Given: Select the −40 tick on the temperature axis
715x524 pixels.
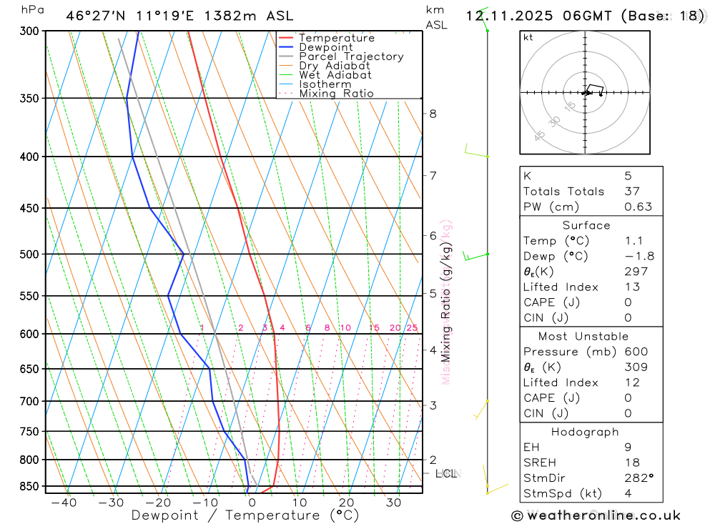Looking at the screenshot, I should (x=64, y=503).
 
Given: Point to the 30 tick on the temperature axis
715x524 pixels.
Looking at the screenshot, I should (x=393, y=503).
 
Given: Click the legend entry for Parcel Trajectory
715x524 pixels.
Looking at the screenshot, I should (x=351, y=56).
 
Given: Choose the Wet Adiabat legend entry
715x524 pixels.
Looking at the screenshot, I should (x=335, y=75).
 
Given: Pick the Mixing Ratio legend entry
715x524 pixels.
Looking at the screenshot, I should (x=336, y=94).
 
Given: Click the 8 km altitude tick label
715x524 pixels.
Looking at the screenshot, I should (x=433, y=114).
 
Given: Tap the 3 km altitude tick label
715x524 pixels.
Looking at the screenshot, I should (x=433, y=405).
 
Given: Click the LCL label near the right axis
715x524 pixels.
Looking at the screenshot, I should (x=445, y=473).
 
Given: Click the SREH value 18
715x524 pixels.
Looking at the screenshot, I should (x=631, y=463).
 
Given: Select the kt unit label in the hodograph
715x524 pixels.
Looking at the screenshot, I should (x=528, y=37).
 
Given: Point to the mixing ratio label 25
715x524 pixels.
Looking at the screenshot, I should (x=412, y=328).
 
